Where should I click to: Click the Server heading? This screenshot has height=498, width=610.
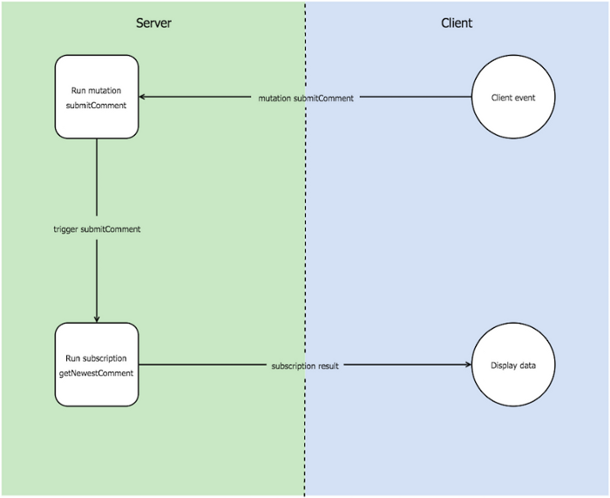point(153,23)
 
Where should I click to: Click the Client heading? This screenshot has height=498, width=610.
point(457,23)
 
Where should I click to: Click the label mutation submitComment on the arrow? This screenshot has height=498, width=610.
point(306,99)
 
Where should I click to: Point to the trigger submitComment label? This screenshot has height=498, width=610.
point(97,229)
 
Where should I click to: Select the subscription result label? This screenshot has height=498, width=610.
point(305,366)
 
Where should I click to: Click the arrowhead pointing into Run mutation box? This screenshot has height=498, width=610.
point(142,97)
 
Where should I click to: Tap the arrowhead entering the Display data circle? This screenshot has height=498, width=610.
point(469,365)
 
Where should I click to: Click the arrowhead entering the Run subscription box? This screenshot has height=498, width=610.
point(97,319)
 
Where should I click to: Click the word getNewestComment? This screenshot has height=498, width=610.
point(96,373)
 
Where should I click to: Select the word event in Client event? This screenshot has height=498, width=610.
point(525,98)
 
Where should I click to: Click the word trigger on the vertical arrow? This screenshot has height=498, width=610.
point(65,229)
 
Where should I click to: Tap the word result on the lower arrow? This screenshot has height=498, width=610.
point(329,366)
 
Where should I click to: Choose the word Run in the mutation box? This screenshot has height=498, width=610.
point(78,91)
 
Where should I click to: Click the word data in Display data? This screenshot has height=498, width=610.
point(526,365)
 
